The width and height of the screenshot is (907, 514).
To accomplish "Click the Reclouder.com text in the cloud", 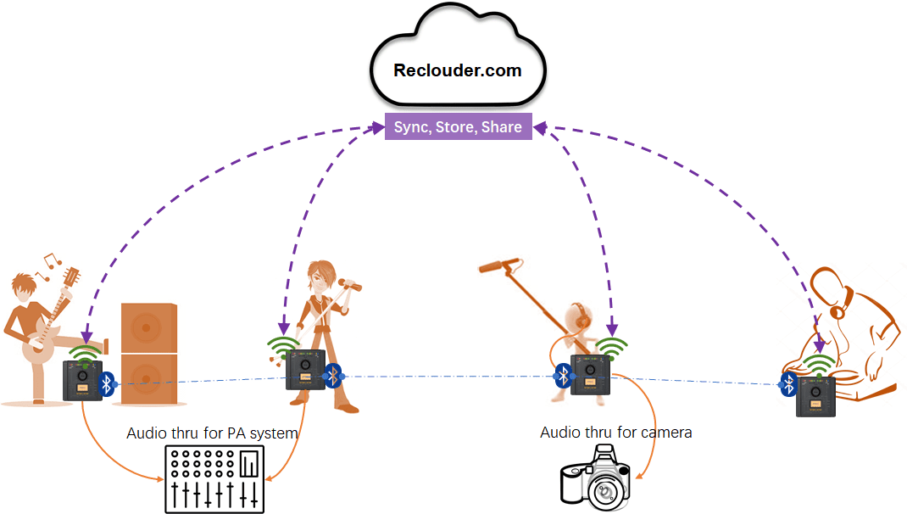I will click(458, 70).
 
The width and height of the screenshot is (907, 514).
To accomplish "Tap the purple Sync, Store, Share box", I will click(459, 127).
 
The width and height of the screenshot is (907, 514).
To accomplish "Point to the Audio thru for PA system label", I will click(212, 433).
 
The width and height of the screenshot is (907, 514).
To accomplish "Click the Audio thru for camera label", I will click(616, 433).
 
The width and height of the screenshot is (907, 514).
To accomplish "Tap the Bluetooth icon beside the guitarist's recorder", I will click(106, 383).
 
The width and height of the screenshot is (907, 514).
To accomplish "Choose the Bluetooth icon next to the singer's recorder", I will click(333, 374).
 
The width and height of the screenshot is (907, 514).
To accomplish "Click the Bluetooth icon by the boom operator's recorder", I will click(562, 376).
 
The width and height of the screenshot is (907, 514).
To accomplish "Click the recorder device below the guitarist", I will click(82, 380).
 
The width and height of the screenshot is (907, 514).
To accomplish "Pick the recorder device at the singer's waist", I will click(306, 371).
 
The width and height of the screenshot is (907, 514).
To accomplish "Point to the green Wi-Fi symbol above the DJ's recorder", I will click(818, 366).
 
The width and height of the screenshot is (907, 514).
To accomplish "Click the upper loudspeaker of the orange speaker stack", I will click(149, 327).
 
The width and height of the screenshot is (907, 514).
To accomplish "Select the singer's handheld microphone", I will click(349, 285).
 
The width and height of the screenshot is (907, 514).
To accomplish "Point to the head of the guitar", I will click(72, 277).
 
